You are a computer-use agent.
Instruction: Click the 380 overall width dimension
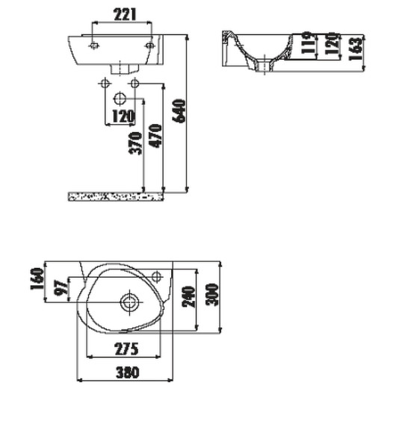[x=127, y=372]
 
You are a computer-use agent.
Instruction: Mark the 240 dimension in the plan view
[x=189, y=297]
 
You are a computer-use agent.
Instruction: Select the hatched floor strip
[x=116, y=197]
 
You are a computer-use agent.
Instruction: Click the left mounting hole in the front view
[x=93, y=45]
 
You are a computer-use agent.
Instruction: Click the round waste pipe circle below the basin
[x=120, y=98]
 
